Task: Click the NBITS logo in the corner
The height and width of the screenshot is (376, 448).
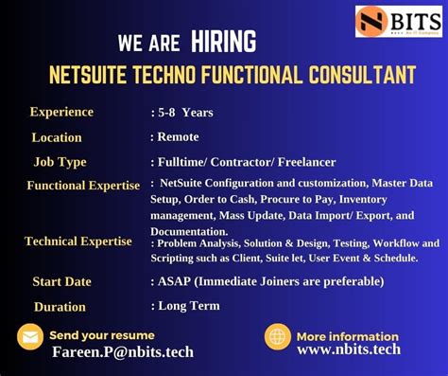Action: point(399,21)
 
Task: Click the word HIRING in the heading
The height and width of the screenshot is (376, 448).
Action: point(223,42)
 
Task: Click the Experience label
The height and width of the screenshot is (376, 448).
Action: point(61,112)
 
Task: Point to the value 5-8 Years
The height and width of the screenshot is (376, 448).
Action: point(185,113)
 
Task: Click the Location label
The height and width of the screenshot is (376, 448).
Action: point(57,137)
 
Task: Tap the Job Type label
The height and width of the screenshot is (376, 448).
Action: point(60,162)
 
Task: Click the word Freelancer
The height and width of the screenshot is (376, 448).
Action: point(304,162)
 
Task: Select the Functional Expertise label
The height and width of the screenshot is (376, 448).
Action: point(83,186)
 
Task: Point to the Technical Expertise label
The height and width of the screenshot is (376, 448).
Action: point(78,242)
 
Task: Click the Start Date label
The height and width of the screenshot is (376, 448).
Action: point(61,281)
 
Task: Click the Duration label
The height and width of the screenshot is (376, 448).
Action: point(60,306)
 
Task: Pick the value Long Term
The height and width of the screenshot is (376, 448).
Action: point(189,305)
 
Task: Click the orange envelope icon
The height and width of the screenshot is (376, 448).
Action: point(30,336)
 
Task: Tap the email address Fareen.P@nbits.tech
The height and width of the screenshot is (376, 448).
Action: point(123,352)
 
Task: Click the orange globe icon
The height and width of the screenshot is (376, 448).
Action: point(278,336)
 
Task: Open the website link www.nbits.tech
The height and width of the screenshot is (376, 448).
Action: point(349,349)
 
